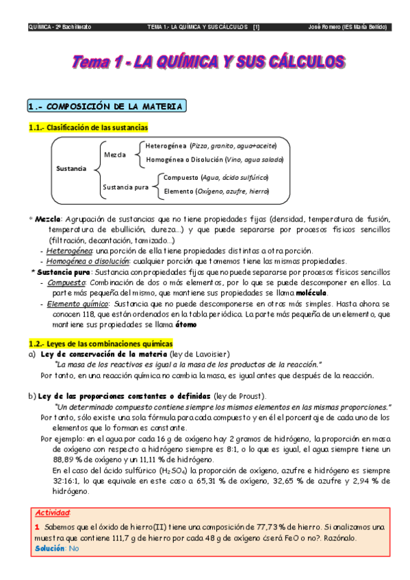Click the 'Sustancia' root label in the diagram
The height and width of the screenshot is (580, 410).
pyautogui.click(x=71, y=168)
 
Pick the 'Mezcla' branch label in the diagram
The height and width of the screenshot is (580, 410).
pyautogui.click(x=114, y=155)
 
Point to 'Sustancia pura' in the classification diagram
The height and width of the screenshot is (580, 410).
pyautogui.click(x=125, y=186)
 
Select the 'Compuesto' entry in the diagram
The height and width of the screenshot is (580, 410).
pyautogui.click(x=179, y=178)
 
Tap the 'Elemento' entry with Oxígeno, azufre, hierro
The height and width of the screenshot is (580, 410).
pyautogui.click(x=178, y=192)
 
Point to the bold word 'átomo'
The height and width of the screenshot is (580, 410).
pyautogui.click(x=185, y=324)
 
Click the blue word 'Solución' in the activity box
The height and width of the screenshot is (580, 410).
pyautogui.click(x=50, y=548)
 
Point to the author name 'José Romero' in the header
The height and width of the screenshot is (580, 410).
pyautogui.click(x=326, y=27)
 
